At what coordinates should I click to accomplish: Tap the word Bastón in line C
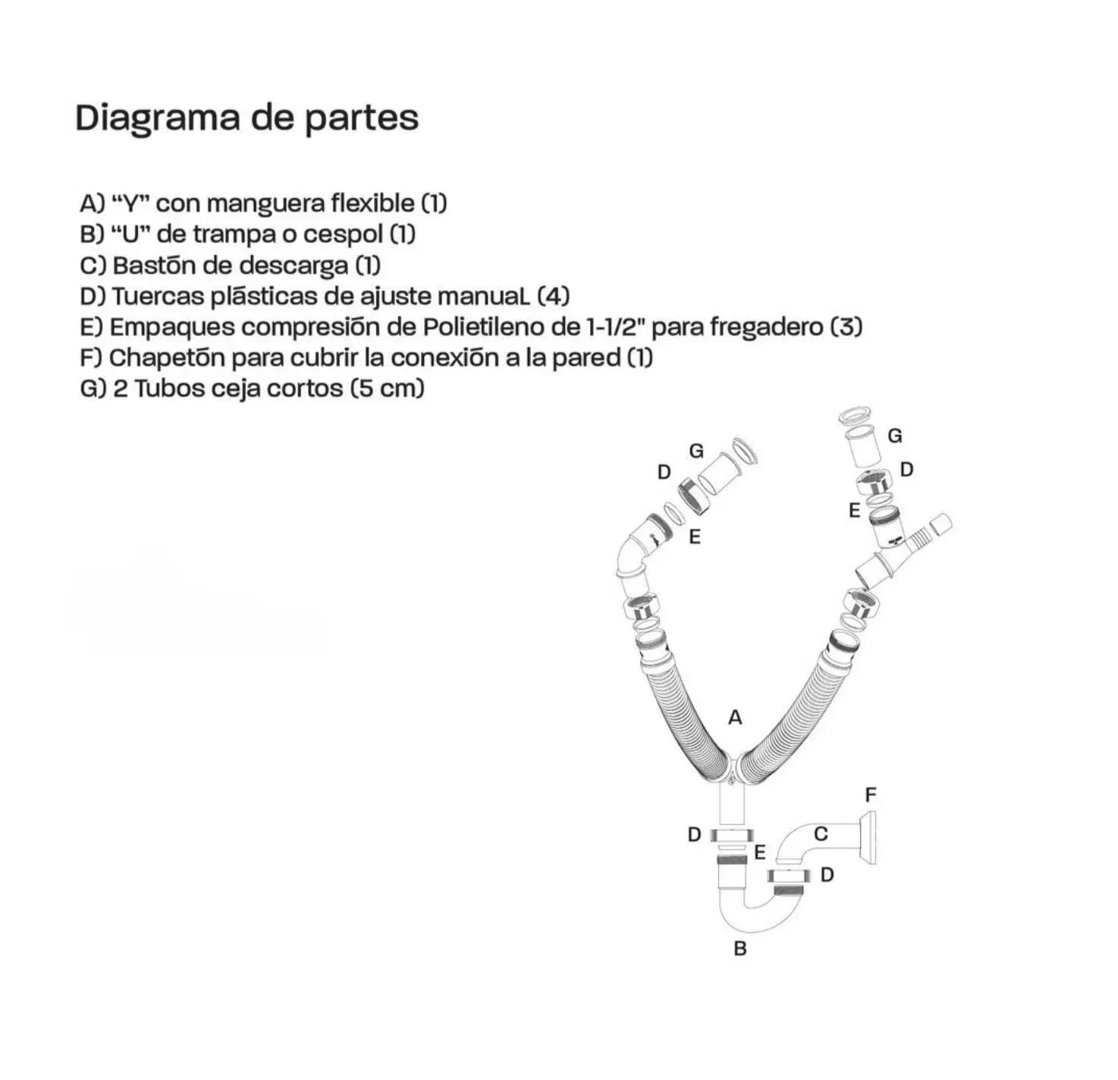[x=152, y=266]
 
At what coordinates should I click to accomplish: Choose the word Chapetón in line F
[x=167, y=358]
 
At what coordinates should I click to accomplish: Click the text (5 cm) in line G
[x=388, y=389]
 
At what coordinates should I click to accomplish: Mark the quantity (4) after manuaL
[x=553, y=297]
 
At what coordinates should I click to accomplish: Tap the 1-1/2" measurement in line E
[x=616, y=327]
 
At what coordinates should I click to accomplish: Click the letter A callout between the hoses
[x=735, y=718]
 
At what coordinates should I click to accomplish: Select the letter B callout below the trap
[x=740, y=949]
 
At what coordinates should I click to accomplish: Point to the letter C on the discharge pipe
[x=821, y=834]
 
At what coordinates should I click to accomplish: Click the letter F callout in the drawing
[x=871, y=795]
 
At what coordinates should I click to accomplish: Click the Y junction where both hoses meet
[x=731, y=771]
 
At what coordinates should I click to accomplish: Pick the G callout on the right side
[x=895, y=436]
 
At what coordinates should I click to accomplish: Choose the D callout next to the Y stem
[x=694, y=835]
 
